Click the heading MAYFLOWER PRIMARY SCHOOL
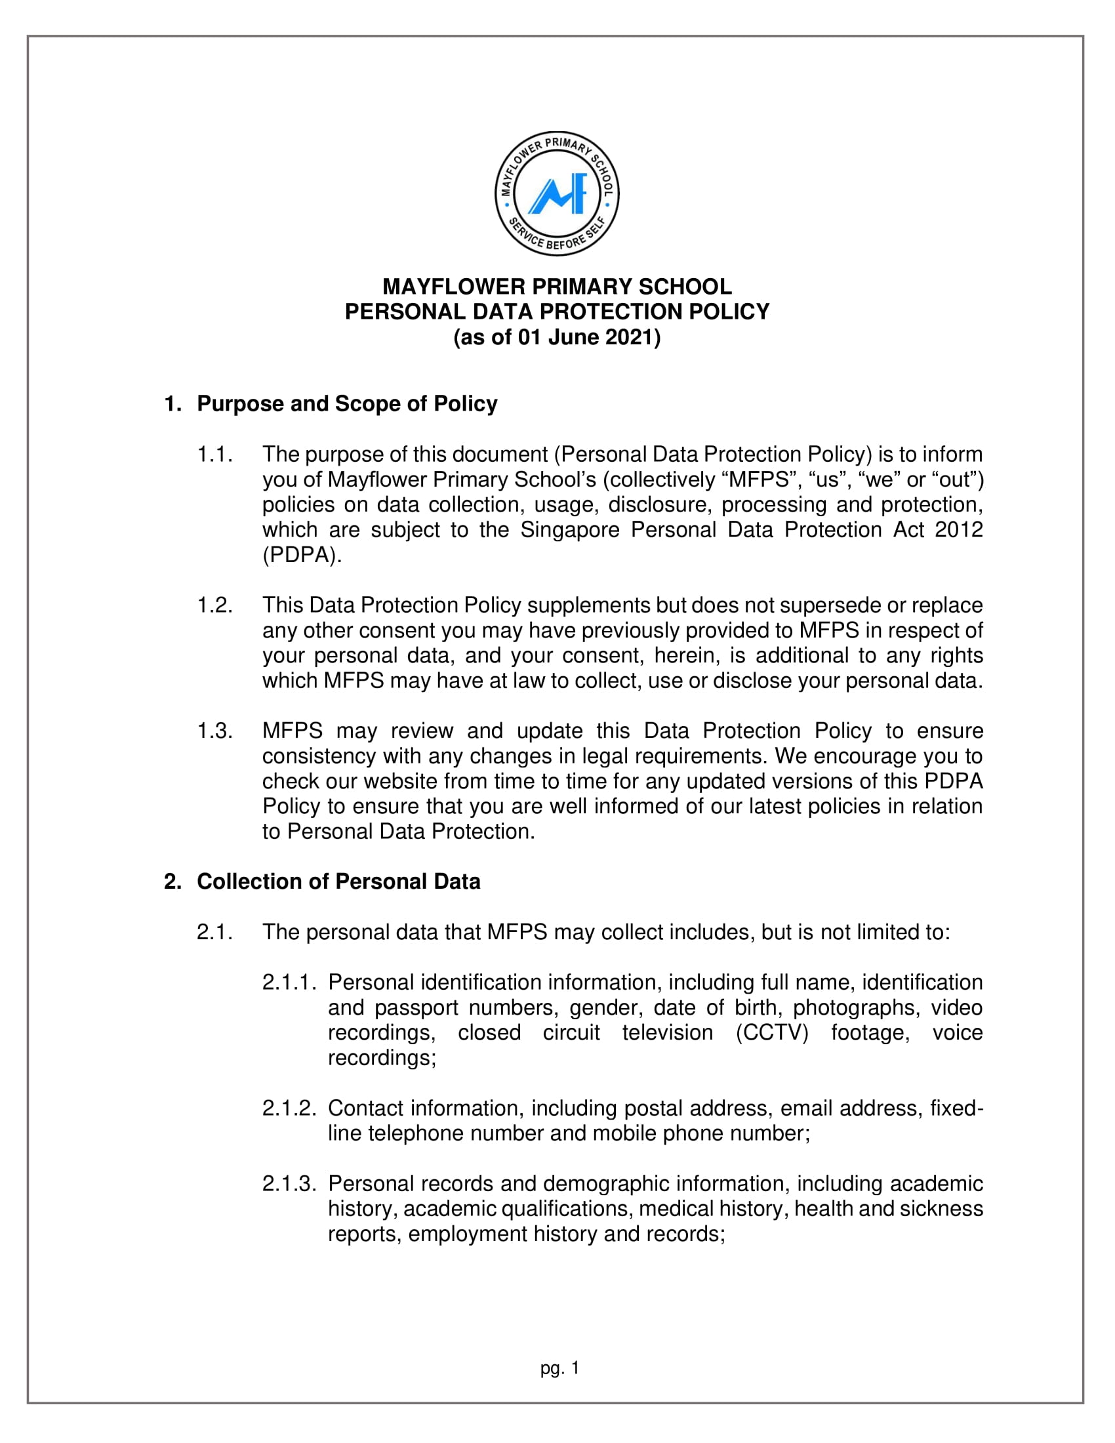click(557, 287)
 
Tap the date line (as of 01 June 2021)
click(557, 338)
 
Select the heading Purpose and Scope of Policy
click(347, 403)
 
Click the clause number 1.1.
click(214, 455)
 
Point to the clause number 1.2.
click(214, 605)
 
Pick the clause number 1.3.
click(214, 731)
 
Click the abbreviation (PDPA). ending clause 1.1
click(302, 555)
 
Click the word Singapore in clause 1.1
click(570, 530)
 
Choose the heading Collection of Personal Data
click(338, 882)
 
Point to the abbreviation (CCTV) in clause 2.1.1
click(772, 1032)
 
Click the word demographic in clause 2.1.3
click(605, 1183)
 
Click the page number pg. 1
click(559, 1368)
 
